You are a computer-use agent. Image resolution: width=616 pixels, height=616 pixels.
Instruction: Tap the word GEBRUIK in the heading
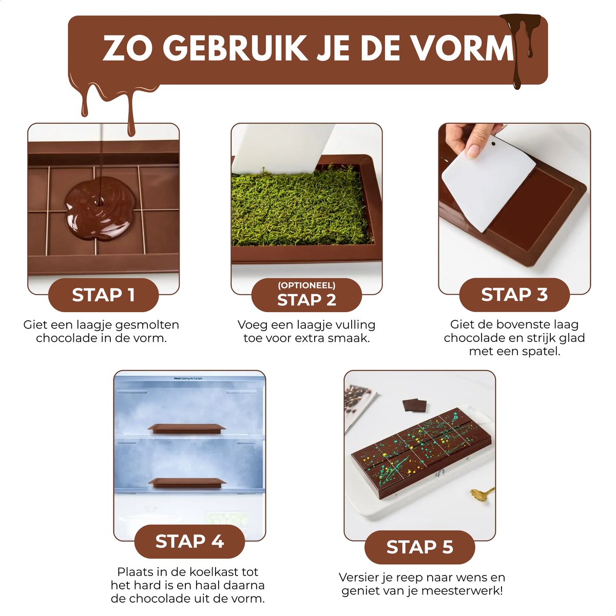tap(235, 48)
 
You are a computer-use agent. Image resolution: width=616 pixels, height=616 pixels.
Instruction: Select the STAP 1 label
tap(103, 295)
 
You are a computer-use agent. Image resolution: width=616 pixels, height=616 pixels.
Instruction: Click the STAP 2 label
tap(306, 300)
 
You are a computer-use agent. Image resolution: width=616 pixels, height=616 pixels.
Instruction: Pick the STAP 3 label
tap(514, 295)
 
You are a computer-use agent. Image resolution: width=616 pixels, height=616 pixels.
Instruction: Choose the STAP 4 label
tap(189, 541)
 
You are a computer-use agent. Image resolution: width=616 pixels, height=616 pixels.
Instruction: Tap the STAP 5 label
tap(420, 547)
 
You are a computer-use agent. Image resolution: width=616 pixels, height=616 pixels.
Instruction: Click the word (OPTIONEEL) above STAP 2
tap(306, 285)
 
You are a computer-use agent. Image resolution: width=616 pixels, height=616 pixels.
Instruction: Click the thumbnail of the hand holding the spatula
tap(514, 208)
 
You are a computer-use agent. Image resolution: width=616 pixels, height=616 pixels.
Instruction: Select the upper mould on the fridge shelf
tap(187, 428)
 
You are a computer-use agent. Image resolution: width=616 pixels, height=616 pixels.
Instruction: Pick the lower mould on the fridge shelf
tap(187, 483)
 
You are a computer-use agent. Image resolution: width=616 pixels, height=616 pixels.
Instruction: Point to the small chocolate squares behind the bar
tap(414, 405)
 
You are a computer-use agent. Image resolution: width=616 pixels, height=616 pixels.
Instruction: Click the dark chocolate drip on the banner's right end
tap(520, 45)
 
